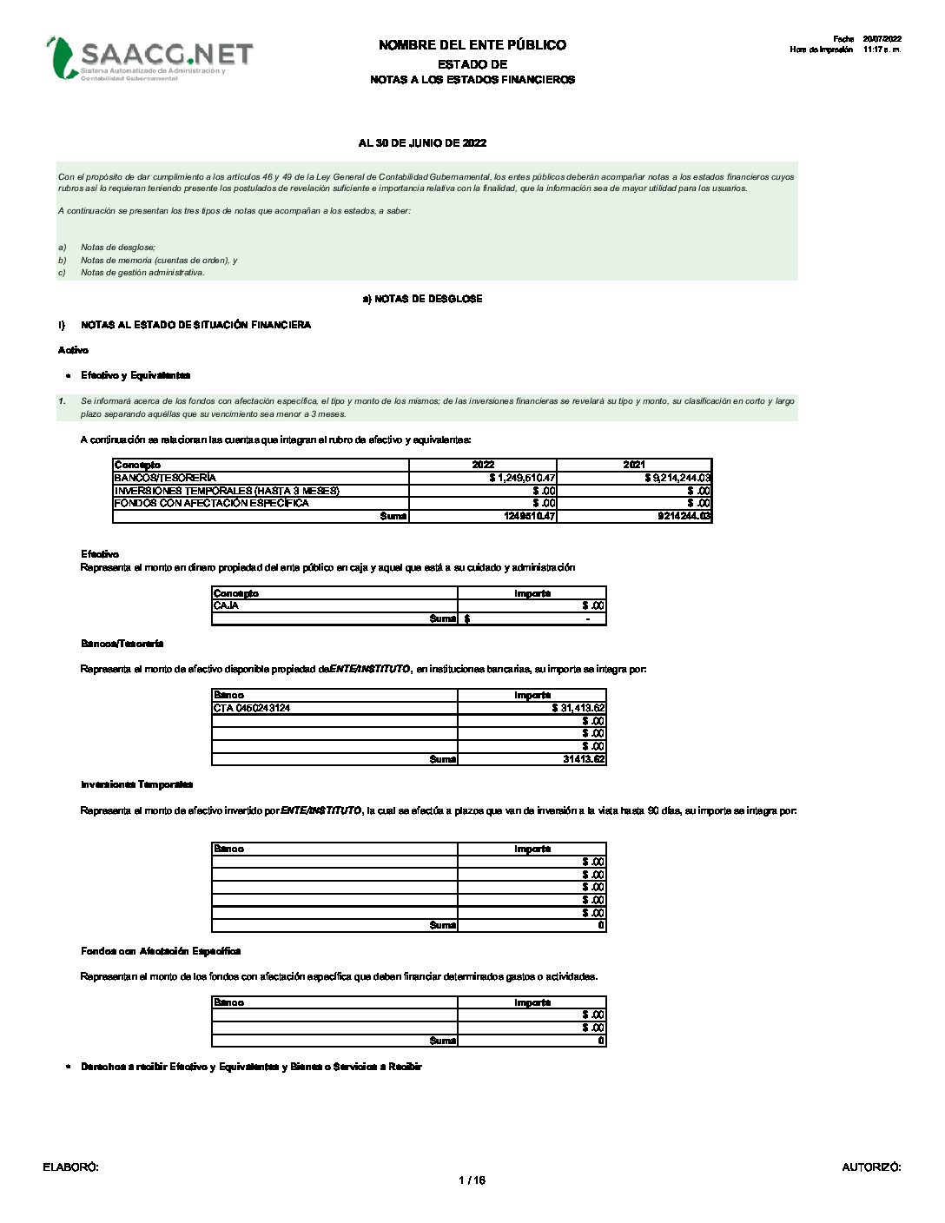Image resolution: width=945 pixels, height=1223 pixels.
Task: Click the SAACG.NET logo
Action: tap(149, 57)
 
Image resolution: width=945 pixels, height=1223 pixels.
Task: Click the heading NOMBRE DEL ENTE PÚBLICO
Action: tap(472, 45)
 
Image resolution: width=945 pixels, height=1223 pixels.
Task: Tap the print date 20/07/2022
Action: tap(882, 39)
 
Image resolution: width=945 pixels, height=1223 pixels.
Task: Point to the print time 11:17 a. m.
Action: tap(882, 50)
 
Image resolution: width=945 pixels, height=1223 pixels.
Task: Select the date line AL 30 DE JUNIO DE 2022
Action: tap(422, 143)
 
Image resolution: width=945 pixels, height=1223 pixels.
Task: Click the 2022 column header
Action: tap(483, 465)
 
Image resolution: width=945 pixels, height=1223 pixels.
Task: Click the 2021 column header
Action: tap(634, 465)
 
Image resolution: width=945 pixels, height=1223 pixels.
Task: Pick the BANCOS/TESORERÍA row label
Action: tap(165, 478)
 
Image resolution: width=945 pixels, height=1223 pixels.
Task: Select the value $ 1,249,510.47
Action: tap(522, 478)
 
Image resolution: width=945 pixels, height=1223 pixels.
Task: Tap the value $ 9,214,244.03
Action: tap(677, 478)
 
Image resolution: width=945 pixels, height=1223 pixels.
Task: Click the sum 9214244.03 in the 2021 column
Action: tap(684, 516)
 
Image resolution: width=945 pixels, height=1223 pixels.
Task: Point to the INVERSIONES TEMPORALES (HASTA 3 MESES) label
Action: tap(226, 491)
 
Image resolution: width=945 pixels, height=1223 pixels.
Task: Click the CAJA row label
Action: tap(226, 605)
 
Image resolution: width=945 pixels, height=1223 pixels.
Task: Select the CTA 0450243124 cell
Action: tap(252, 708)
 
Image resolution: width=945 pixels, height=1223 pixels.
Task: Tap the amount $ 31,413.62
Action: tap(578, 708)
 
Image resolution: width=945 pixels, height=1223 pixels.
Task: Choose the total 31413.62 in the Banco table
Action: tap(584, 759)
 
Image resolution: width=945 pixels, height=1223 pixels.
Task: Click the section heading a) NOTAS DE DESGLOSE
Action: tap(422, 299)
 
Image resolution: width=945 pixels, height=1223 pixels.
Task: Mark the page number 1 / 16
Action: tap(472, 1180)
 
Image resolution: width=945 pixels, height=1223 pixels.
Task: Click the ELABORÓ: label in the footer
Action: tap(70, 1167)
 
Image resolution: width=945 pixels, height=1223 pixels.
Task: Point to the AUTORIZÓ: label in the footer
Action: tap(871, 1167)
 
